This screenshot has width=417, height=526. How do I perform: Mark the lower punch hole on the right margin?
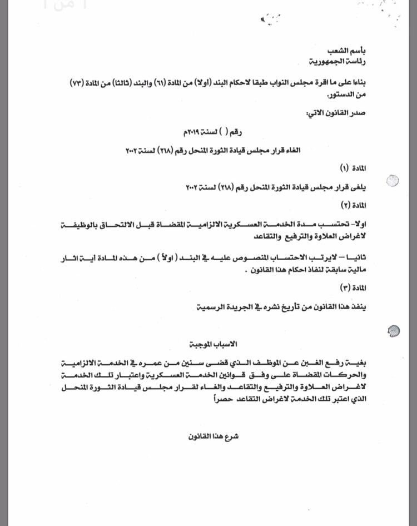click(393, 331)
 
